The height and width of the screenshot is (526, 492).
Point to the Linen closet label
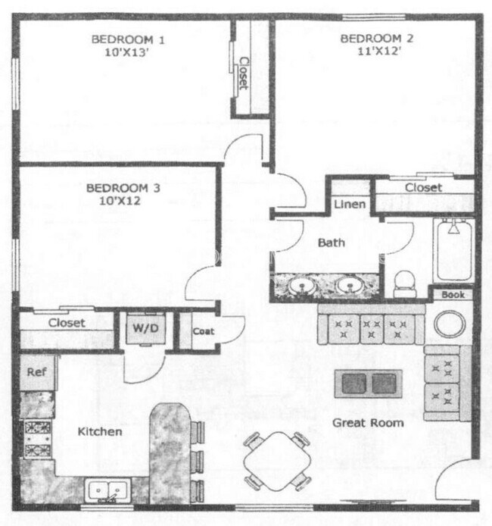click(350, 205)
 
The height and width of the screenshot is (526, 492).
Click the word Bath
click(331, 243)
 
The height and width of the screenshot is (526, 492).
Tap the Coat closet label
click(203, 331)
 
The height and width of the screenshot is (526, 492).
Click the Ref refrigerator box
click(36, 372)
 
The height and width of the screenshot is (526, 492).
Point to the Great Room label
click(368, 422)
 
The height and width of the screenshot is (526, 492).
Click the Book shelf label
click(453, 294)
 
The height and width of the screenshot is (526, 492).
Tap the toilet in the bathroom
click(406, 283)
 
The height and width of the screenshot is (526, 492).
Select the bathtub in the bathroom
click(453, 249)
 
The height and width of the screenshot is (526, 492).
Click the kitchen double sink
click(109, 491)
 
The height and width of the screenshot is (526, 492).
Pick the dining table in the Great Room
click(278, 459)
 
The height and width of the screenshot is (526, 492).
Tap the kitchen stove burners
click(38, 438)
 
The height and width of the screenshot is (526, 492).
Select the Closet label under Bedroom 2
click(423, 187)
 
